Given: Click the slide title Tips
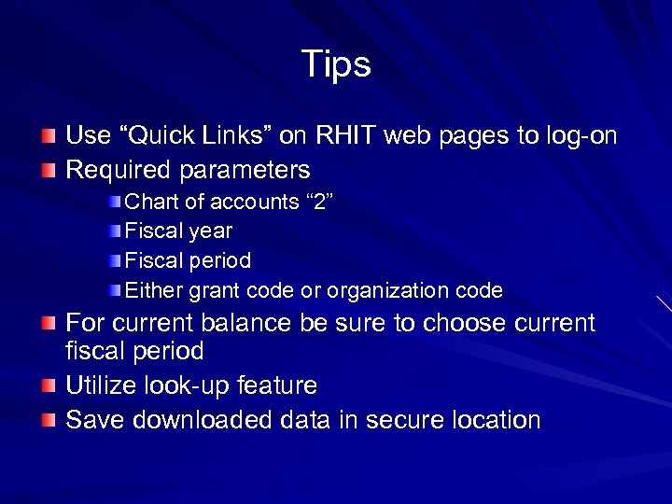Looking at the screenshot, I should tap(336, 64).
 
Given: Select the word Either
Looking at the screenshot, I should tap(154, 290).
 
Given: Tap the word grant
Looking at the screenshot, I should tap(215, 291).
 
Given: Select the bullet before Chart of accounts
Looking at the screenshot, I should tap(113, 202).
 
